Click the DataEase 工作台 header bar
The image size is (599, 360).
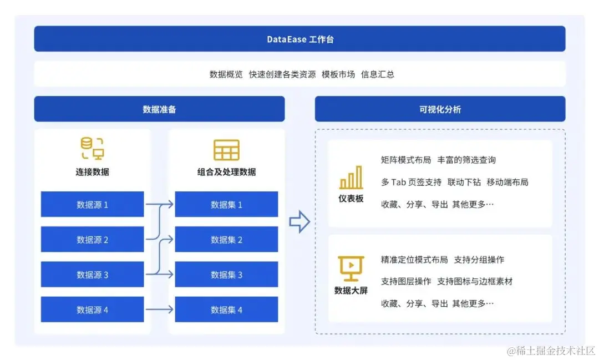point(299,39)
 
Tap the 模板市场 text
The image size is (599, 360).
point(338,74)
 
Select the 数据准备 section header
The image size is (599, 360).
point(159,109)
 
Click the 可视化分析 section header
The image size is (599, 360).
point(440,109)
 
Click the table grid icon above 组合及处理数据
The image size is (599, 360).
point(226,150)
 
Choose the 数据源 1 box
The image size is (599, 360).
point(92,204)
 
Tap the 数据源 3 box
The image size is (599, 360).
point(92,275)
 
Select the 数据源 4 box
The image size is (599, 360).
point(92,310)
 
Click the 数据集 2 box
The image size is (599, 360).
point(226,240)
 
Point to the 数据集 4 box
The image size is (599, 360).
point(226,310)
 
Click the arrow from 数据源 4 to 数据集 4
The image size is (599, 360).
point(159,310)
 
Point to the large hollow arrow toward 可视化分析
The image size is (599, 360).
point(299,222)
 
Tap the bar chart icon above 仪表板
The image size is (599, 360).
point(351,178)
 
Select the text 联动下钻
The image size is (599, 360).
point(464,182)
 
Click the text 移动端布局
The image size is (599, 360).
point(507,182)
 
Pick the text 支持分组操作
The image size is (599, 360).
point(479,260)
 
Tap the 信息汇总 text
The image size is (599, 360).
point(378,74)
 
